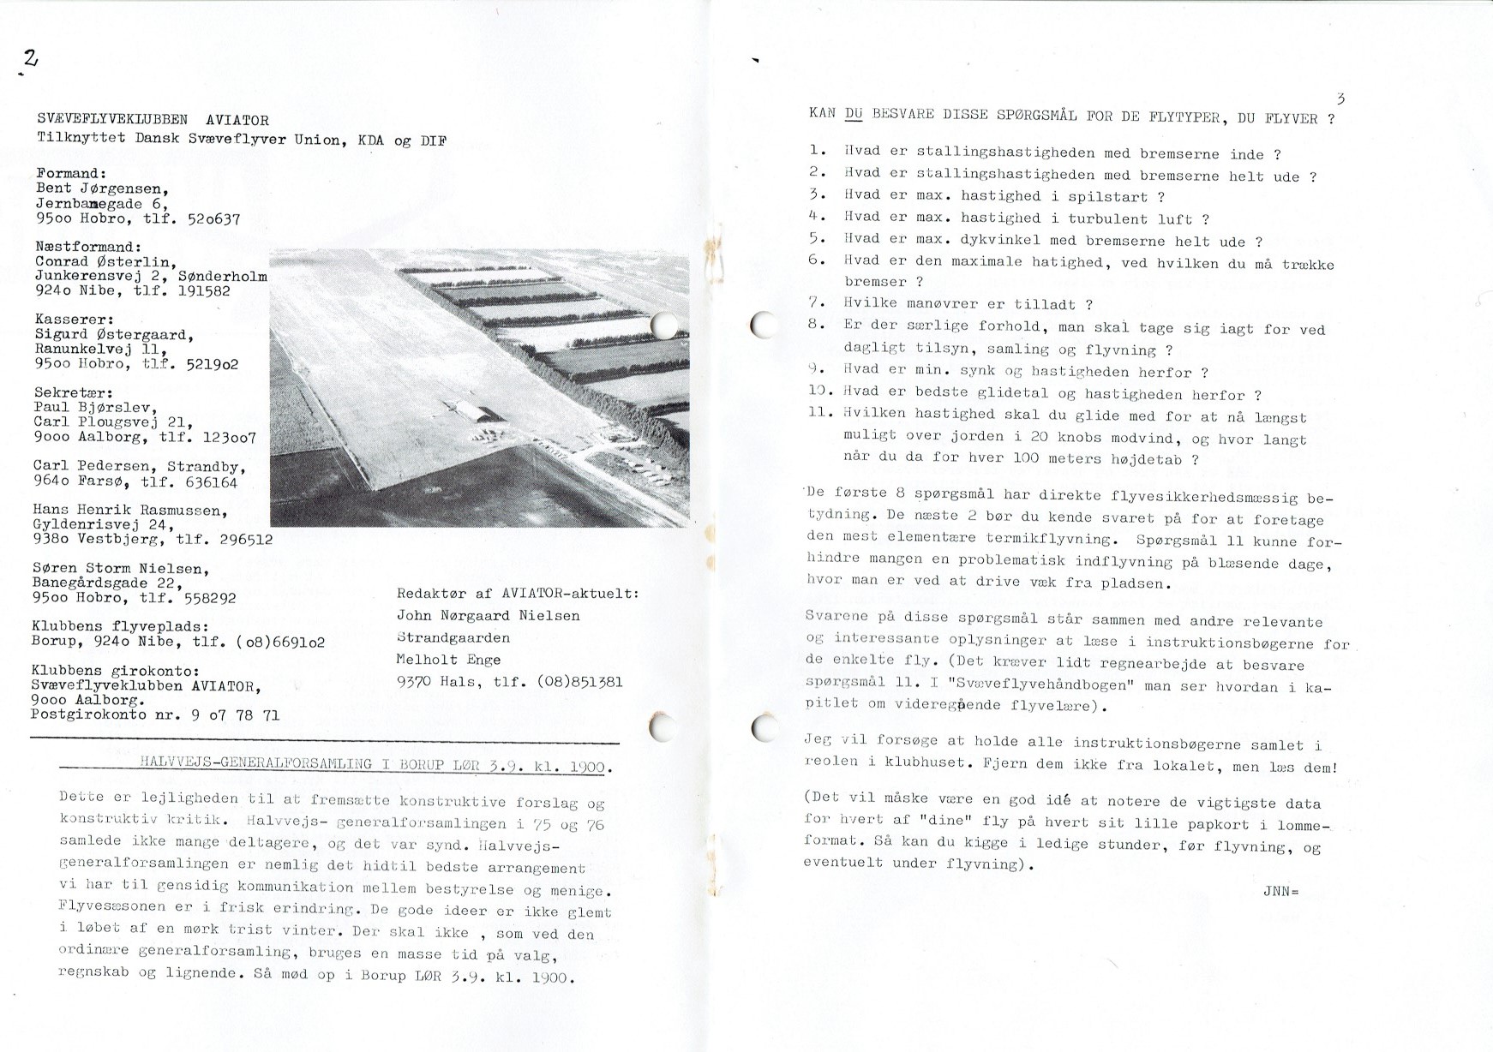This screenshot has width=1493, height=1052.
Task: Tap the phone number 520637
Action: [x=213, y=219]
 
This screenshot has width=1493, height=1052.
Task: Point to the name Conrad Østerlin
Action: [x=105, y=262]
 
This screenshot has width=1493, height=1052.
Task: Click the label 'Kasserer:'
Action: [x=73, y=320]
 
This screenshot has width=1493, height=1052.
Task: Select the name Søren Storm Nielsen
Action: [x=121, y=568]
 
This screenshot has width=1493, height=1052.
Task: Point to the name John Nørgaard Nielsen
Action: [x=489, y=615]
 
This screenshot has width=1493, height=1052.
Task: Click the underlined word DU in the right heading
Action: [x=854, y=114]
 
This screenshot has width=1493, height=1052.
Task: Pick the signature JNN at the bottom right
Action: [x=1280, y=891]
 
